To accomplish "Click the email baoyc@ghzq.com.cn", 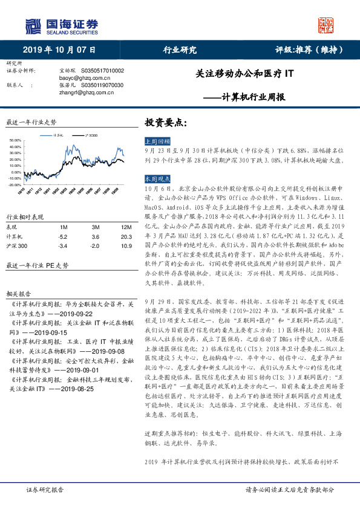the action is [x=82, y=78].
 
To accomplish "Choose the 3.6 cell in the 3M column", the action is [x=94, y=237].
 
